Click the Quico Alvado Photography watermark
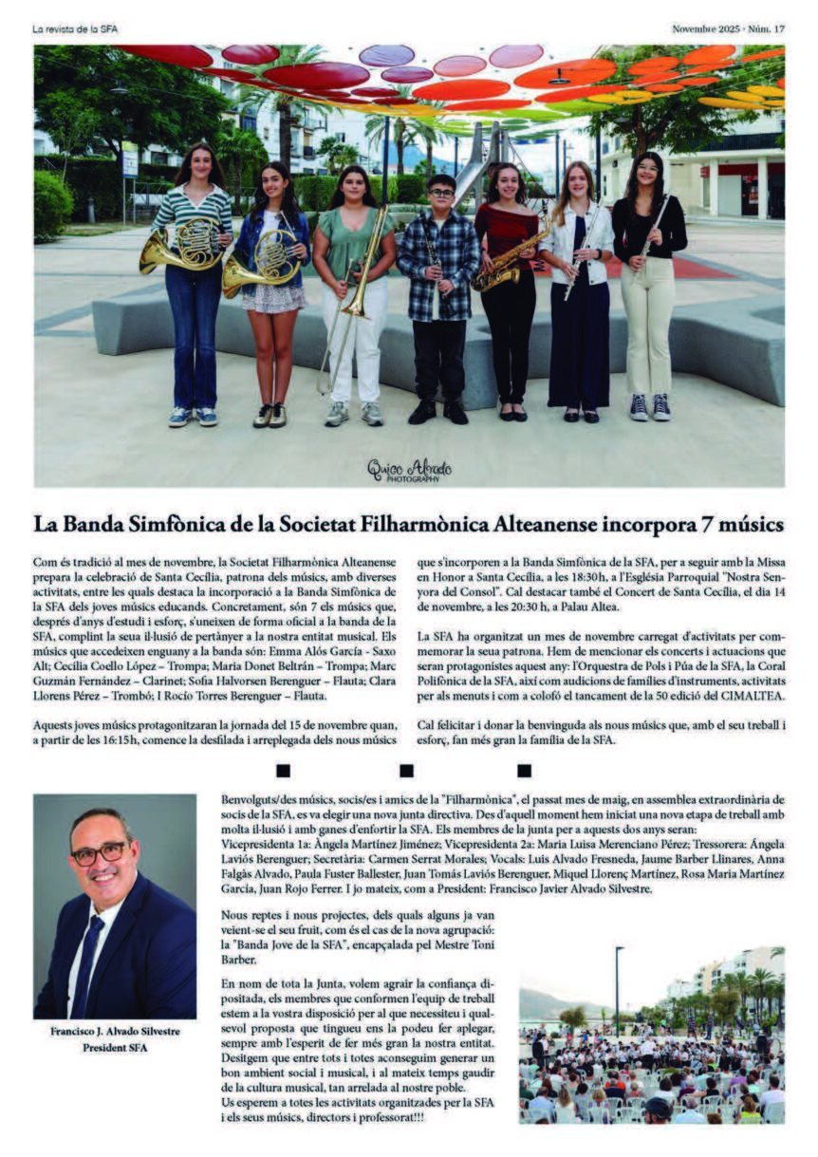[409, 470]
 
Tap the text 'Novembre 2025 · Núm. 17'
[728, 29]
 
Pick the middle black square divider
[406, 771]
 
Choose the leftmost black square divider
[283, 771]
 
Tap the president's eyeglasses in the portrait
[98, 851]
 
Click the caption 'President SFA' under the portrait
[116, 1048]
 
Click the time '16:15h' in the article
[134, 738]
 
